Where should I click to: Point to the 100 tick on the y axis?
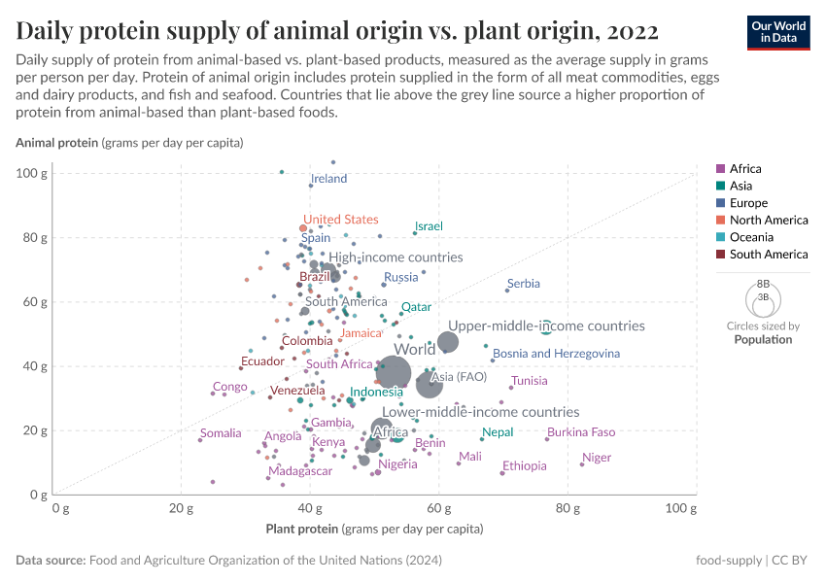pyautogui.click(x=31, y=173)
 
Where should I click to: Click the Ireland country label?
pyautogui.click(x=328, y=179)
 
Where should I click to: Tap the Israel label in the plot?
pyautogui.click(x=429, y=226)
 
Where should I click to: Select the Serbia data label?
pyautogui.click(x=524, y=284)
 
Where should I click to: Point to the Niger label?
pyautogui.click(x=597, y=458)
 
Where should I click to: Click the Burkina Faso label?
pyautogui.click(x=581, y=432)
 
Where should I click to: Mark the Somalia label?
pyautogui.click(x=220, y=433)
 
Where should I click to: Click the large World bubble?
pyautogui.click(x=394, y=371)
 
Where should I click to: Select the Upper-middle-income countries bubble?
pyautogui.click(x=448, y=342)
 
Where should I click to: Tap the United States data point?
pyautogui.click(x=303, y=228)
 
